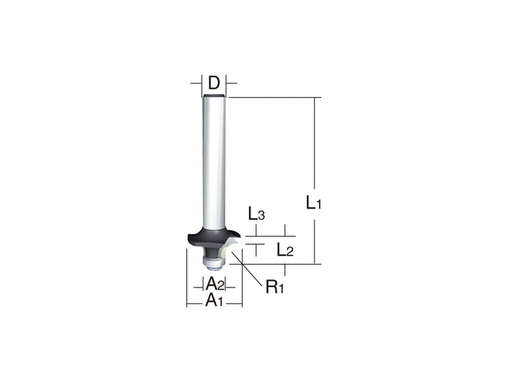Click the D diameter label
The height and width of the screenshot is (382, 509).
pyautogui.click(x=213, y=82)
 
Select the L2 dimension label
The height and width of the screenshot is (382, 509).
pyautogui.click(x=285, y=249)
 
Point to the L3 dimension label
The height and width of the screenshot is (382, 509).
pyautogui.click(x=255, y=213)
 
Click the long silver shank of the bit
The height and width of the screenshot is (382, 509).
pyautogui.click(x=213, y=159)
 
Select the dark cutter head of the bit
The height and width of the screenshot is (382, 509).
pyautogui.click(x=210, y=234)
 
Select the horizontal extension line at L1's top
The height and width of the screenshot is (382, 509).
pyautogui.click(x=270, y=97)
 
